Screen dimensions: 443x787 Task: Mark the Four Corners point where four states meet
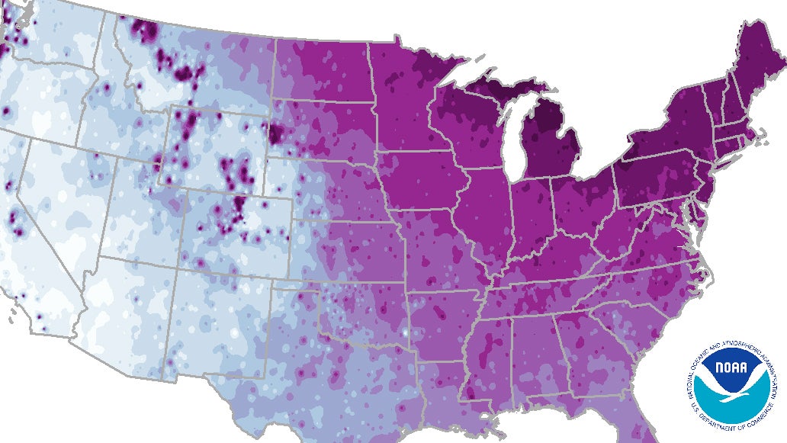click(x=181, y=258)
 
